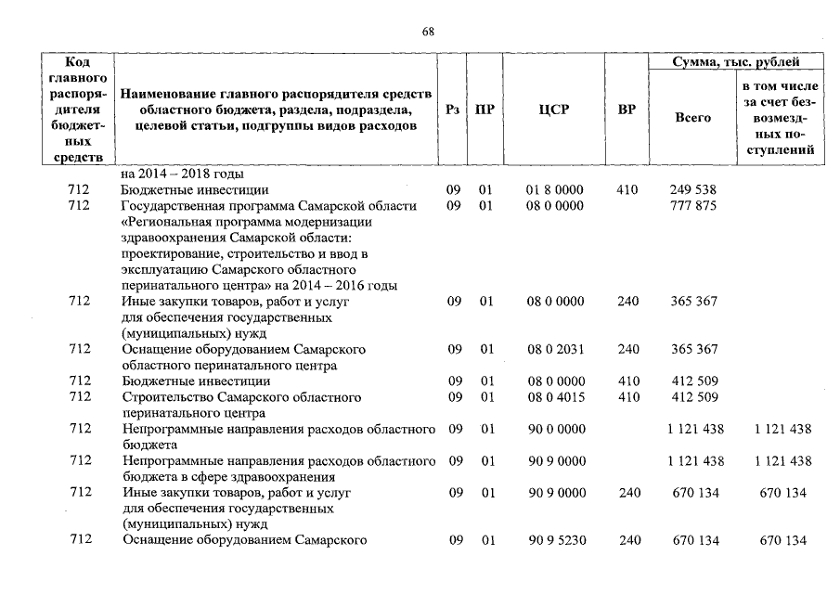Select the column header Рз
[453, 110]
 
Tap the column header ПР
[485, 110]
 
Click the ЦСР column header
[554, 110]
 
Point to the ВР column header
[627, 110]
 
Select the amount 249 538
[692, 190]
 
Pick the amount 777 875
[692, 206]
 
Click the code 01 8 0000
[554, 190]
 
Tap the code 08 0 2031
[554, 349]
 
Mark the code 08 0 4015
[554, 397]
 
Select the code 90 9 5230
[554, 540]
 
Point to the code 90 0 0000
[554, 430]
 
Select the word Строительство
[164, 397]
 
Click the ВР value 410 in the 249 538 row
[627, 190]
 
